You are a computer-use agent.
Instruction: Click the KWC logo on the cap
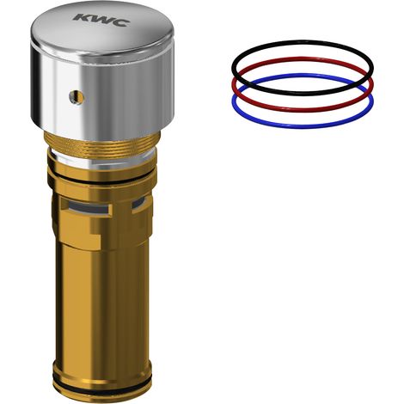coord(101,20)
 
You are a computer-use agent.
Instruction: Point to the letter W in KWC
coord(101,20)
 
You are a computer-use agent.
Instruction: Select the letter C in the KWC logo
coord(120,22)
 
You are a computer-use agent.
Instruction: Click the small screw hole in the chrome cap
coord(77,97)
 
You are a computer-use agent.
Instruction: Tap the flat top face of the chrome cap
coord(102,28)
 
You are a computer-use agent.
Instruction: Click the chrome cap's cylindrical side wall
coord(102,95)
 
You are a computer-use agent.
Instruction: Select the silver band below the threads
coord(102,160)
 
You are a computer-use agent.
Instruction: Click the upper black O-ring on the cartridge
coord(101,179)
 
